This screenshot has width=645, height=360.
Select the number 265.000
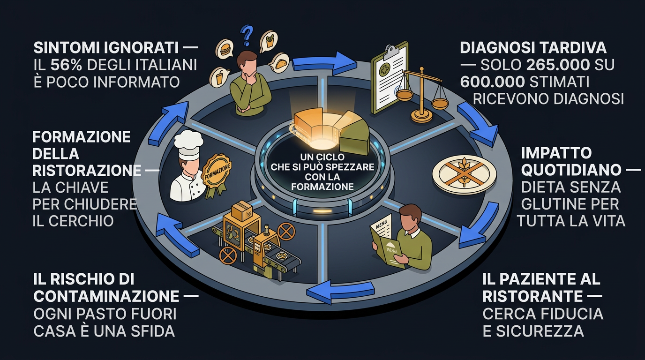point(556,65)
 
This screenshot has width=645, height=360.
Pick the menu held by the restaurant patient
point(388,244)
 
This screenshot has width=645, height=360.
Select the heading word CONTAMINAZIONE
point(106,296)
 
